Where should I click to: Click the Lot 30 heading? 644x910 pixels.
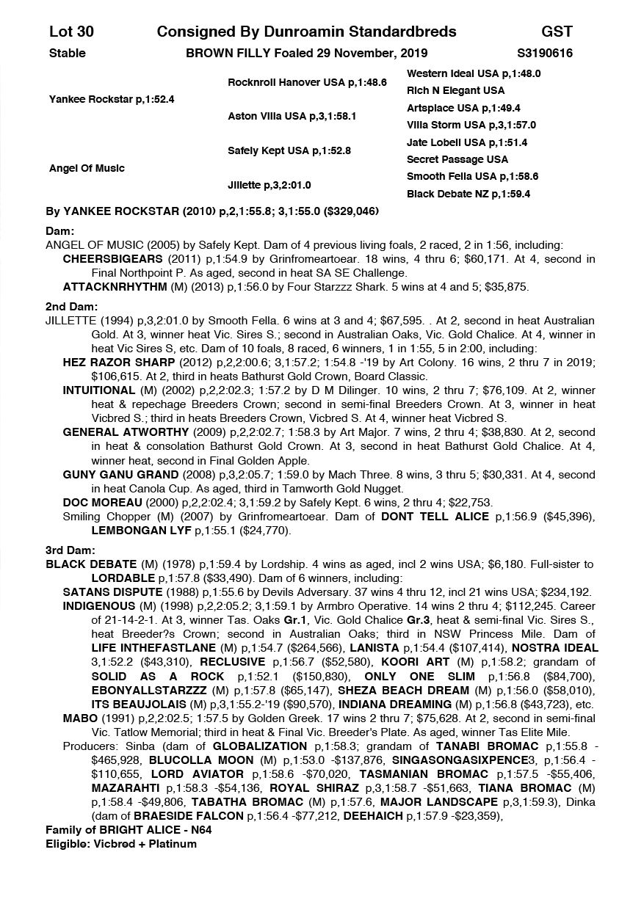pos(71,32)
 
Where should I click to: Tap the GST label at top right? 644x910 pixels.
pos(557,32)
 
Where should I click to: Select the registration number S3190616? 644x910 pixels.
pos(545,54)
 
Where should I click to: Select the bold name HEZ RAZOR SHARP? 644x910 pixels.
pos(119,363)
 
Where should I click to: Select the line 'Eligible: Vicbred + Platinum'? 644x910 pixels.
pos(121,844)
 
